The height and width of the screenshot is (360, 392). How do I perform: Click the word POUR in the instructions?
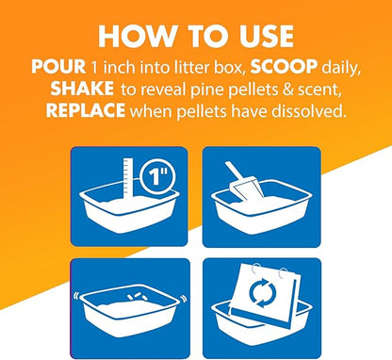pos(58,66)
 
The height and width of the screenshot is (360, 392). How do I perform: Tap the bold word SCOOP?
pos(284,66)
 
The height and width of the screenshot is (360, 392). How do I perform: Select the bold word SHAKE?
pos(82,89)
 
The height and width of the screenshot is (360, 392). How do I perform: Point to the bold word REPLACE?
pos(86,110)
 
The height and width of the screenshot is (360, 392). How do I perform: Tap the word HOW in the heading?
pos(137,37)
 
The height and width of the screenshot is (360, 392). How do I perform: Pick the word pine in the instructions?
pos(210,90)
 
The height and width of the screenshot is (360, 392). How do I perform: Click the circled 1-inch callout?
pos(157,177)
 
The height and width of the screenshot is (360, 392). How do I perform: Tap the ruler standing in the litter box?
pos(128,180)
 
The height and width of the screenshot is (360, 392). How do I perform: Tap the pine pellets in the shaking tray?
pos(136,297)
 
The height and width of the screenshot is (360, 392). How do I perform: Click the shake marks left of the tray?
pos(76,297)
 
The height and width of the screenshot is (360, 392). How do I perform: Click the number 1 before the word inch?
pos(94,67)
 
